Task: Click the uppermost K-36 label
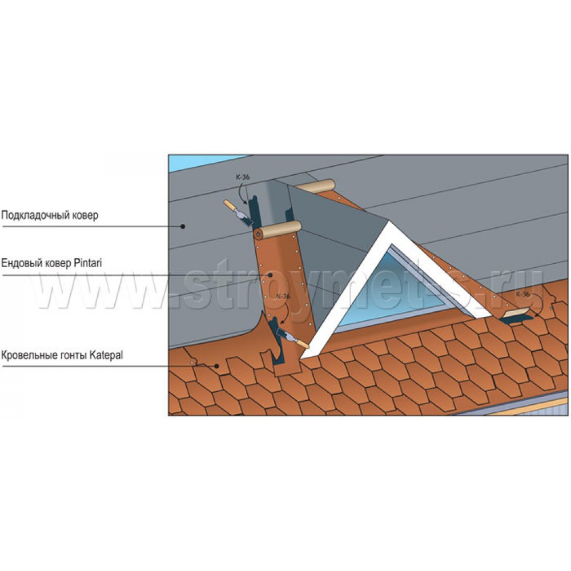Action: click(243, 178)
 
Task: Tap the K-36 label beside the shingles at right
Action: click(523, 294)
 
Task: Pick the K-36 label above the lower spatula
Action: click(283, 296)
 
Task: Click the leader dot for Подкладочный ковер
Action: click(183, 227)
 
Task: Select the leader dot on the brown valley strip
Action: click(271, 275)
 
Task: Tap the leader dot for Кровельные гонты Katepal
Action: click(216, 366)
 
